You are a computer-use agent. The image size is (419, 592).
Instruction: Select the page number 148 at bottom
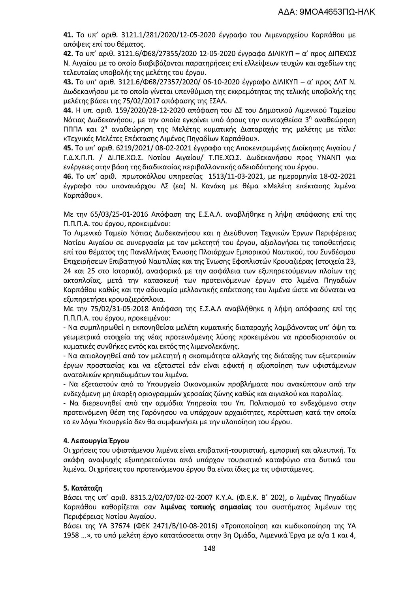(209, 548)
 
